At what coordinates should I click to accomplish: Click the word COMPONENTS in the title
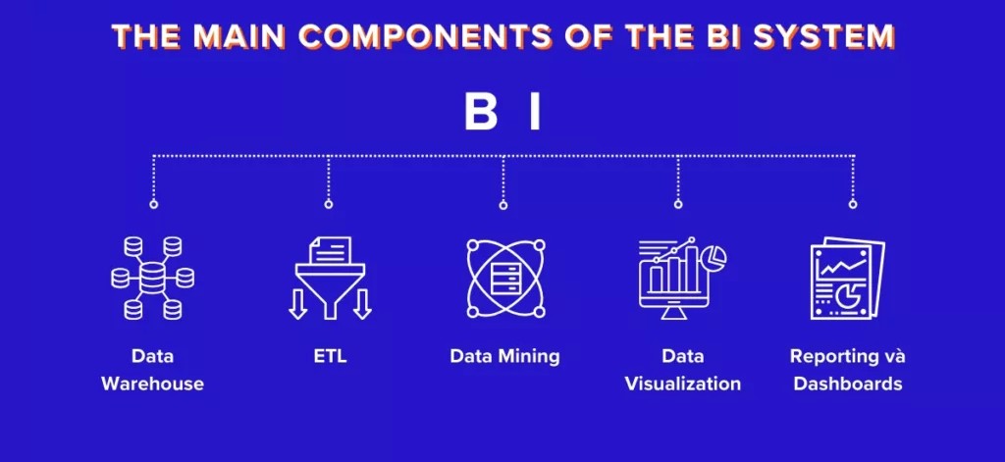pos(426,36)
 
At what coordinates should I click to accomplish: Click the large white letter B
pos(481,114)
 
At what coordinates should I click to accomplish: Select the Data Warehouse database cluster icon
pos(152,279)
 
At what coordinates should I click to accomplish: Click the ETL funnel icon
pos(330,279)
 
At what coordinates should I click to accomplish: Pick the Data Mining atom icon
pos(505,279)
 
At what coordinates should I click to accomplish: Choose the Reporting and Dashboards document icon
pos(847,279)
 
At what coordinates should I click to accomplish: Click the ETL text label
pos(330,356)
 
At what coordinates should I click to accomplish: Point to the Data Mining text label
pos(505,357)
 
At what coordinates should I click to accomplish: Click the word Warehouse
pos(152,384)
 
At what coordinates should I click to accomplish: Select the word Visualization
pos(683,384)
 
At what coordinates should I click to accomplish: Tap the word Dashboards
pos(847,384)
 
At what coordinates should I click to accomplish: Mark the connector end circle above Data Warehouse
pos(153,204)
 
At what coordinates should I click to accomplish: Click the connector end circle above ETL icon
pos(328,204)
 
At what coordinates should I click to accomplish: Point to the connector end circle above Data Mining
pos(503,205)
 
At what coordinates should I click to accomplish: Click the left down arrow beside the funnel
pos(298,304)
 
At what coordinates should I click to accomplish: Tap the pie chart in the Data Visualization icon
pos(714,258)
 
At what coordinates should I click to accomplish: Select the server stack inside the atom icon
pos(505,279)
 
